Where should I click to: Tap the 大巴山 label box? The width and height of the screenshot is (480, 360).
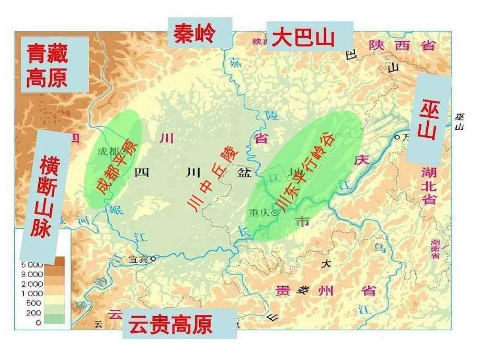pyautogui.click(x=303, y=37)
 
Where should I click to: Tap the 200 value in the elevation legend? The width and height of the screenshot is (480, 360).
pyautogui.click(x=35, y=313)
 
